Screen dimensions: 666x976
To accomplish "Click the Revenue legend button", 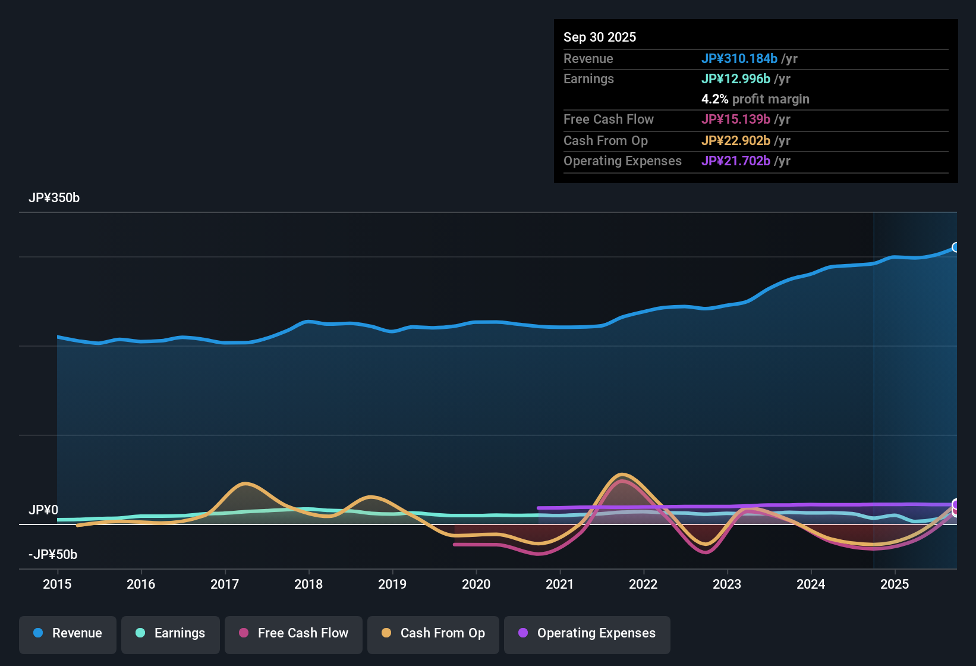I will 68,633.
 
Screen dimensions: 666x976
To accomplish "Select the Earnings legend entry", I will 170,633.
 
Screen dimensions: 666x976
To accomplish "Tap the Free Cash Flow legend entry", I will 294,633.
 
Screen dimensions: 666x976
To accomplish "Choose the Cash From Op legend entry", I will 433,633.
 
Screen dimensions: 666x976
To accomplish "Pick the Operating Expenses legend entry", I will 587,633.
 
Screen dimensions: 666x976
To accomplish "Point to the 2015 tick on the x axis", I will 57,584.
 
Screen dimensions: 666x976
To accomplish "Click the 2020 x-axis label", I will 476,584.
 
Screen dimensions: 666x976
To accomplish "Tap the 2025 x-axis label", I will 895,584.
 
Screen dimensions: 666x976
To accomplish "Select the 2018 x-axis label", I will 308,584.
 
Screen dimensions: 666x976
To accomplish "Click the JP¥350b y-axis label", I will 54,198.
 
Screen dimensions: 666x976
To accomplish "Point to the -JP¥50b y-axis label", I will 53,555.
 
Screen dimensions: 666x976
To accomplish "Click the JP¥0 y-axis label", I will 43,510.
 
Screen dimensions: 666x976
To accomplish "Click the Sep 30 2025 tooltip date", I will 599,37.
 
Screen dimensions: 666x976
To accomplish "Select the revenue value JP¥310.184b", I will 739,58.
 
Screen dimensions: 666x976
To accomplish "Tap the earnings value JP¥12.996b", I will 735,78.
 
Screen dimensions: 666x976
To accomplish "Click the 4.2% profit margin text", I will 755,99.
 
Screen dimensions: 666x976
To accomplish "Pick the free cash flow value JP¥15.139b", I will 735,119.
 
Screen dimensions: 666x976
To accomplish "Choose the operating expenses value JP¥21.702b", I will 735,161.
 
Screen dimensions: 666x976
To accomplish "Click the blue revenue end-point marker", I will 956,247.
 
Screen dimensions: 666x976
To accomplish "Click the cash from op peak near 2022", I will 622,475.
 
